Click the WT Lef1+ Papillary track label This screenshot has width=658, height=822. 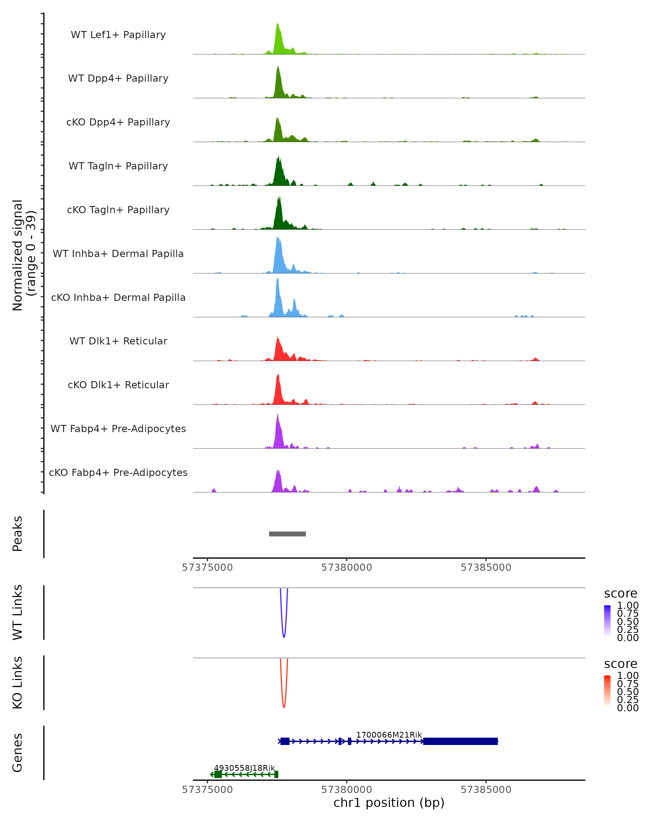click(118, 35)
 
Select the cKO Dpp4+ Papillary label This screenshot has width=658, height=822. click(118, 122)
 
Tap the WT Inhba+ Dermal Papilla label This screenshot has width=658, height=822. click(118, 253)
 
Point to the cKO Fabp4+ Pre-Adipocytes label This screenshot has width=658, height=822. click(118, 472)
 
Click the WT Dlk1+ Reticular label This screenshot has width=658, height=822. click(118, 341)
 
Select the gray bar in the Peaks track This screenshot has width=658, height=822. click(287, 534)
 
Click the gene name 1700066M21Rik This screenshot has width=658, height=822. click(389, 735)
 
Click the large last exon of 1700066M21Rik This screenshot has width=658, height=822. click(460, 741)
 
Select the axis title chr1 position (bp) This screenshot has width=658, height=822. click(389, 803)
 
